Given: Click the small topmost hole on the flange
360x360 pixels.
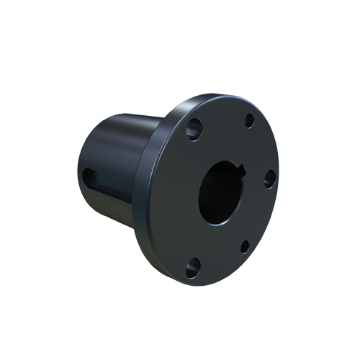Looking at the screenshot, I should [x=249, y=120].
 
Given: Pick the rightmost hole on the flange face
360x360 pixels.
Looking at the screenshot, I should [x=269, y=179].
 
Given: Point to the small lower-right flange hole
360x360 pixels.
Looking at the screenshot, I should [x=245, y=247].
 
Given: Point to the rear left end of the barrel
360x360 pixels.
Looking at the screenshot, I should [x=81, y=166].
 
